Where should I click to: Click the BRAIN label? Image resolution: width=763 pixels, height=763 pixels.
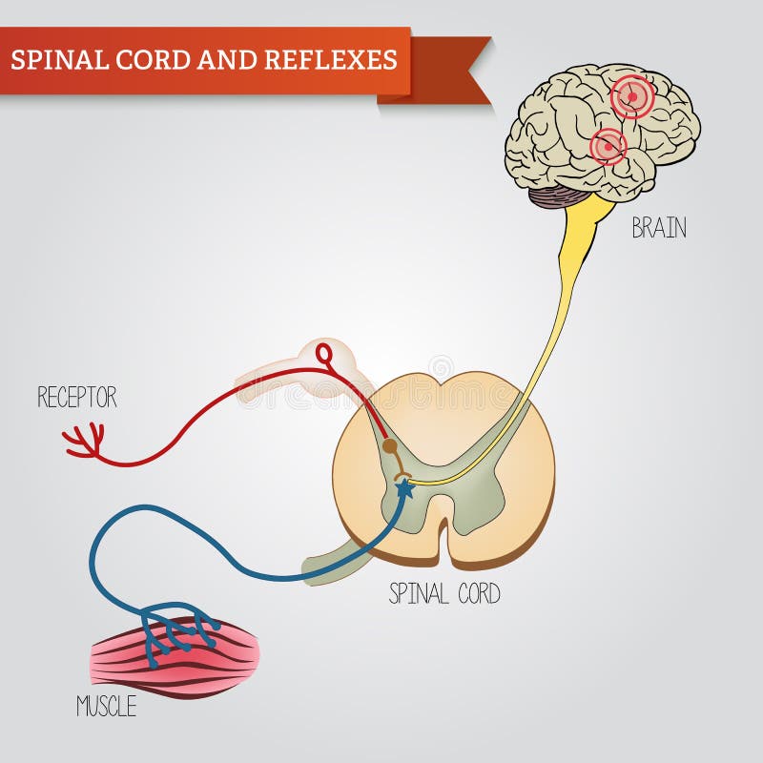coord(658,229)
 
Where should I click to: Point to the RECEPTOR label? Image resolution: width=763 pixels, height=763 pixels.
coord(77,398)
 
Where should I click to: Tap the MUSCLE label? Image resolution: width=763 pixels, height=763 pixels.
coord(106,707)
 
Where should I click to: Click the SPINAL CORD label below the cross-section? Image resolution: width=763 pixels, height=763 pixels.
coord(444,594)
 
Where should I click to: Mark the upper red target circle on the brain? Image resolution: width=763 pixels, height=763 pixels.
coord(631,96)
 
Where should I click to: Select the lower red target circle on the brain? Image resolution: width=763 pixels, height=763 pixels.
coord(608,147)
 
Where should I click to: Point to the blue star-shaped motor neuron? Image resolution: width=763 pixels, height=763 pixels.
coord(404,489)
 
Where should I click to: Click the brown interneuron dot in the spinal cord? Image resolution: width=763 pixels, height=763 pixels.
coord(389,445)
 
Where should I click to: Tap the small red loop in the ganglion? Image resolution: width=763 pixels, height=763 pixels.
coord(325,355)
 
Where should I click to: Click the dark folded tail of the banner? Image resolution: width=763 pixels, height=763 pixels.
coord(448,72)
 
